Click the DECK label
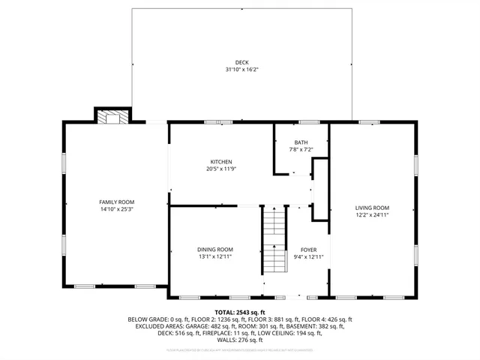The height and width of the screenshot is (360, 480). click(x=241, y=62)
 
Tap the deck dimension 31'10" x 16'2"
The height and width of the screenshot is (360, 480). click(x=241, y=70)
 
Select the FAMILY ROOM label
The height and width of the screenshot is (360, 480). click(x=116, y=202)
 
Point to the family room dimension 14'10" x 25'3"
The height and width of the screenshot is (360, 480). click(x=116, y=209)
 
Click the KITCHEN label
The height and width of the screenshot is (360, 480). click(x=220, y=162)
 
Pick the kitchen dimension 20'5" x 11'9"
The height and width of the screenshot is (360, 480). click(x=220, y=169)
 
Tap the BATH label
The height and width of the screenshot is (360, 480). click(x=301, y=142)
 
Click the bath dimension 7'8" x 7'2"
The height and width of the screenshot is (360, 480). click(x=301, y=149)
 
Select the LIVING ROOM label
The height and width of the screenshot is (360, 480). click(x=372, y=208)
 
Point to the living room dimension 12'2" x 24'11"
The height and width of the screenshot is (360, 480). click(x=372, y=215)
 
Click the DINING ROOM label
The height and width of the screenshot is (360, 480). click(x=215, y=249)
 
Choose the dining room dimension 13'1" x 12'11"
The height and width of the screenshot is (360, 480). click(x=215, y=256)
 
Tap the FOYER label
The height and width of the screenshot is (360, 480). click(x=309, y=250)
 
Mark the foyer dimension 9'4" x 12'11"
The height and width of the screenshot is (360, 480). click(x=309, y=256)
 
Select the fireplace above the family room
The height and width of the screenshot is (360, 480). click(x=112, y=116)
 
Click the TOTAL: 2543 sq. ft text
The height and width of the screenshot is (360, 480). click(x=240, y=312)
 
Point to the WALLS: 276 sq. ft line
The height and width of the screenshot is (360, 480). click(x=240, y=340)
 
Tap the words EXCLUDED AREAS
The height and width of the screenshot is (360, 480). click(x=157, y=326)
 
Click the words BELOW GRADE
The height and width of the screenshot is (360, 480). click(x=149, y=319)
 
